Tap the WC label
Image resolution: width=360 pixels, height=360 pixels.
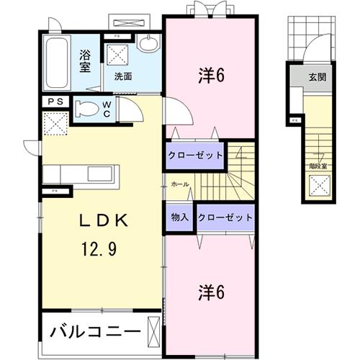[106, 109]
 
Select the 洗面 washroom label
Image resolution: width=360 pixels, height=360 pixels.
[122, 76]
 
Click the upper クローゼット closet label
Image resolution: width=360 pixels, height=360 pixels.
[195, 155]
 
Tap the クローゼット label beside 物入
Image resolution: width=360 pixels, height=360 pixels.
[225, 217]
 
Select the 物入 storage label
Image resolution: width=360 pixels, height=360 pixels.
[180, 217]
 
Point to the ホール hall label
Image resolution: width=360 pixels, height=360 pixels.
[180, 185]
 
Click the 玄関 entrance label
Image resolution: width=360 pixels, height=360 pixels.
[318, 77]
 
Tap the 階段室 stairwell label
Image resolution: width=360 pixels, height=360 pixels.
[318, 165]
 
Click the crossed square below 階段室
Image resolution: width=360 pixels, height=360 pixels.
[317, 186]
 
